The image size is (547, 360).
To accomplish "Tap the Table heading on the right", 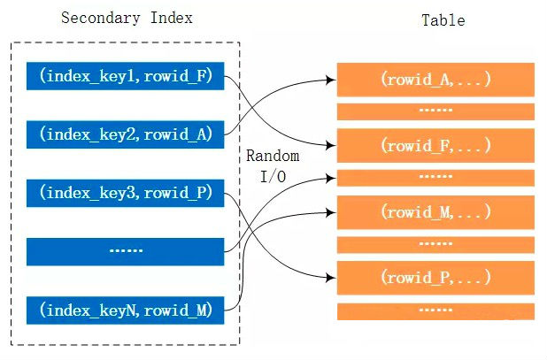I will pos(443,20).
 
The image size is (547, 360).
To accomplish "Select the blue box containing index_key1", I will pos(126,76).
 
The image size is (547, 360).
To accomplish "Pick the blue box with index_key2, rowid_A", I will pos(126,134).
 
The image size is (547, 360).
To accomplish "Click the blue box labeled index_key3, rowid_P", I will pos(126,192).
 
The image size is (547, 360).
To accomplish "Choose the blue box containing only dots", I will pos(126,250).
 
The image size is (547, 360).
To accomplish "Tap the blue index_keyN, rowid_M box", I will pos(126,309).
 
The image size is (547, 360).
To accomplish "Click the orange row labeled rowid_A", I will pos(435,79).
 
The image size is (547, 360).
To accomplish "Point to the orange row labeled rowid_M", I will pos(435,212).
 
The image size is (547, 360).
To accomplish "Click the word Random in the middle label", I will pos(273,156).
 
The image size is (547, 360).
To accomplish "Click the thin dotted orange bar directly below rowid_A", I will pos(435,111).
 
